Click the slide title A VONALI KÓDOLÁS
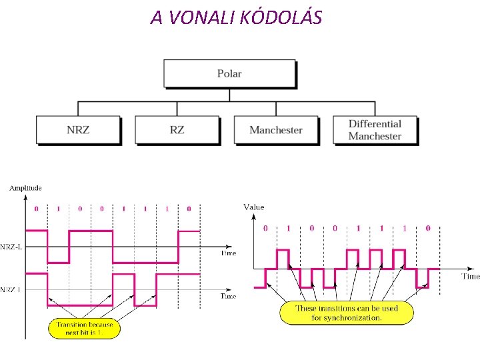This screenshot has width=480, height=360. pyautogui.click(x=236, y=17)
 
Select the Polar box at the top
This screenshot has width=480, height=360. pyautogui.click(x=229, y=73)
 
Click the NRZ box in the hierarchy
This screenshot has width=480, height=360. pyautogui.click(x=78, y=130)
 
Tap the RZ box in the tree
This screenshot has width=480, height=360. pyautogui.click(x=177, y=130)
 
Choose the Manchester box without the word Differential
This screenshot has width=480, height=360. pyautogui.click(x=275, y=130)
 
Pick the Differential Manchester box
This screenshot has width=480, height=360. pyautogui.click(x=375, y=130)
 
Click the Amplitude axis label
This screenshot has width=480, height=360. pyautogui.click(x=25, y=188)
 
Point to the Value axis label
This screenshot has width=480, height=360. pyautogui.click(x=254, y=207)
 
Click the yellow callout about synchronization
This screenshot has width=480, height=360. pyautogui.click(x=347, y=313)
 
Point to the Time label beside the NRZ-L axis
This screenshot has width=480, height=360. pyautogui.click(x=229, y=253)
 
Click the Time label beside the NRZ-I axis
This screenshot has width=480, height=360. pyautogui.click(x=228, y=296)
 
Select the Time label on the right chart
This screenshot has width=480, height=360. pyautogui.click(x=470, y=276)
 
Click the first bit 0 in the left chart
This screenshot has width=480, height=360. pyautogui.click(x=36, y=209)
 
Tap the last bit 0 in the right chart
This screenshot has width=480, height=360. pyautogui.click(x=428, y=229)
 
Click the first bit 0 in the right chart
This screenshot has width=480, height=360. pyautogui.click(x=265, y=229)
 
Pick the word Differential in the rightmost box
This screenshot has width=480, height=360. pyautogui.click(x=375, y=124)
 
